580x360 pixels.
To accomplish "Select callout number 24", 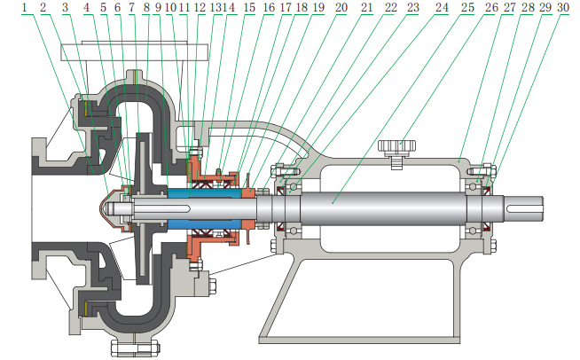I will coord(442,7).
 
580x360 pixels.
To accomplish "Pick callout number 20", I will coord(341,7).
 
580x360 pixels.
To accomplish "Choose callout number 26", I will coord(491,7).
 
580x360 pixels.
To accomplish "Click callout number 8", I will coord(146,7).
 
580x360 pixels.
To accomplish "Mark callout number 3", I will coord(65,7).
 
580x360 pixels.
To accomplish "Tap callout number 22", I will coord(390,7).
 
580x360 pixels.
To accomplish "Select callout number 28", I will coord(527,7).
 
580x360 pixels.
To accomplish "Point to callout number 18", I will coord(302,7).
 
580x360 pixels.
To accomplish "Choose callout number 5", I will coord(103,7).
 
